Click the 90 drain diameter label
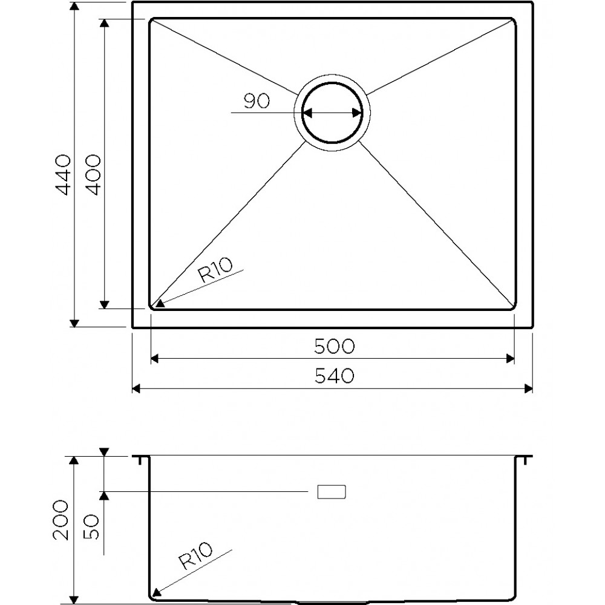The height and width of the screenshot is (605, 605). [x=257, y=102]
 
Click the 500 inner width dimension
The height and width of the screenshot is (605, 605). [x=333, y=346]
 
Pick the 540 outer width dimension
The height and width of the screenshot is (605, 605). [x=333, y=376]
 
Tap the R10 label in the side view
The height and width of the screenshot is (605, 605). [x=195, y=556]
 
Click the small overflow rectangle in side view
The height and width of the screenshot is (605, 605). [x=332, y=492]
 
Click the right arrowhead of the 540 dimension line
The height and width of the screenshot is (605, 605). [x=528, y=388]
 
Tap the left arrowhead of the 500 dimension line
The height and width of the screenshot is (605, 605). [x=154, y=359]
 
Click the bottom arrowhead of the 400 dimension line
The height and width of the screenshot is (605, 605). [x=105, y=304]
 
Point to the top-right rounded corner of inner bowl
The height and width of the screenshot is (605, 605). [x=512, y=22]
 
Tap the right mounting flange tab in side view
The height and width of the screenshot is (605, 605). [x=525, y=459]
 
